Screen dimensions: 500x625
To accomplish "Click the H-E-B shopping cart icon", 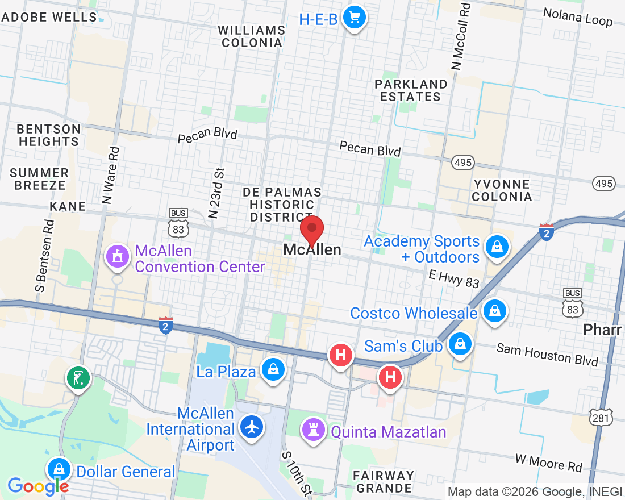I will tap(355, 18).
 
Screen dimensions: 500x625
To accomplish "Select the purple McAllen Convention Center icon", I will tap(117, 256).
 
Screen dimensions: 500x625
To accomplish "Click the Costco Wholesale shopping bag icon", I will tap(495, 311).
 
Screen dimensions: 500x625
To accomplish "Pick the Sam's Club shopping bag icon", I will tap(460, 344).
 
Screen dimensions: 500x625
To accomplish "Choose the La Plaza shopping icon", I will tap(273, 370).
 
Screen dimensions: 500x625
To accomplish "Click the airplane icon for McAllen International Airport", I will tap(252, 426).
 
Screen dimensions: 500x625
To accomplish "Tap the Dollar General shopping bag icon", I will tap(59, 469).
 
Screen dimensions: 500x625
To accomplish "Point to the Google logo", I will tap(38, 486).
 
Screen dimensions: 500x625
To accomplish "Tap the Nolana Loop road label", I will tap(578, 17).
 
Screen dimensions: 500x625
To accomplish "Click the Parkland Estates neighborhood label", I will tap(410, 90).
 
